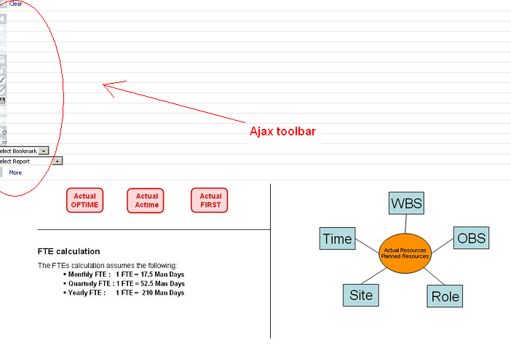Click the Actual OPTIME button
click(x=84, y=200)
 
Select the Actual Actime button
click(x=146, y=200)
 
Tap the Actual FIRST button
click(x=210, y=200)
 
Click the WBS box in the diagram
click(x=406, y=203)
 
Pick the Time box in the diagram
click(x=337, y=239)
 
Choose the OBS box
click(x=470, y=237)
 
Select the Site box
click(x=360, y=294)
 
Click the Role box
click(x=445, y=296)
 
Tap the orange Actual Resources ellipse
click(x=405, y=253)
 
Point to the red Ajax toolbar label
click(x=282, y=132)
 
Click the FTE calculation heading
click(x=68, y=251)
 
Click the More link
click(x=15, y=173)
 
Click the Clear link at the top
click(x=15, y=4)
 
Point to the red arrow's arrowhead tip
click(x=103, y=85)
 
